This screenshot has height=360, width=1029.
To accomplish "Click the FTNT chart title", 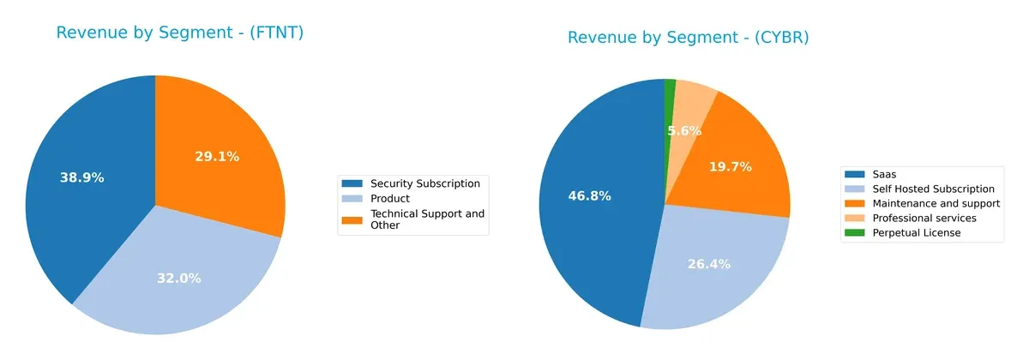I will [x=180, y=33].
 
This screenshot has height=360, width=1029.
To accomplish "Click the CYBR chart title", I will [x=689, y=38].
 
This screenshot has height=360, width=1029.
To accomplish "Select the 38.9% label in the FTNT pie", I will [x=82, y=178].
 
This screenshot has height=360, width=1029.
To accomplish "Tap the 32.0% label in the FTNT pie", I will [x=178, y=278].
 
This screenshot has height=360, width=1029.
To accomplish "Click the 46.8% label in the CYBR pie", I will [x=589, y=196].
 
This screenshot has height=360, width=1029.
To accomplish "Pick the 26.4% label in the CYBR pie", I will [x=709, y=264].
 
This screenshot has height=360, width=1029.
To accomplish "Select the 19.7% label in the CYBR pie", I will [x=730, y=167].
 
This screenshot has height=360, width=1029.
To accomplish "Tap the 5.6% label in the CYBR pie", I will [x=685, y=131].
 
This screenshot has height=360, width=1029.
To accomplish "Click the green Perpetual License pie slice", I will [x=670, y=84].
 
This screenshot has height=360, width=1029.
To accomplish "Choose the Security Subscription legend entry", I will [x=424, y=183].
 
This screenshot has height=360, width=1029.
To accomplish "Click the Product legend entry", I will [x=389, y=199].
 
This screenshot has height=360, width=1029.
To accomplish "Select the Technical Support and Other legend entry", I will [x=427, y=219].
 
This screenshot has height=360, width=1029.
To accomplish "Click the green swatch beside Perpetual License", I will [x=856, y=233].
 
